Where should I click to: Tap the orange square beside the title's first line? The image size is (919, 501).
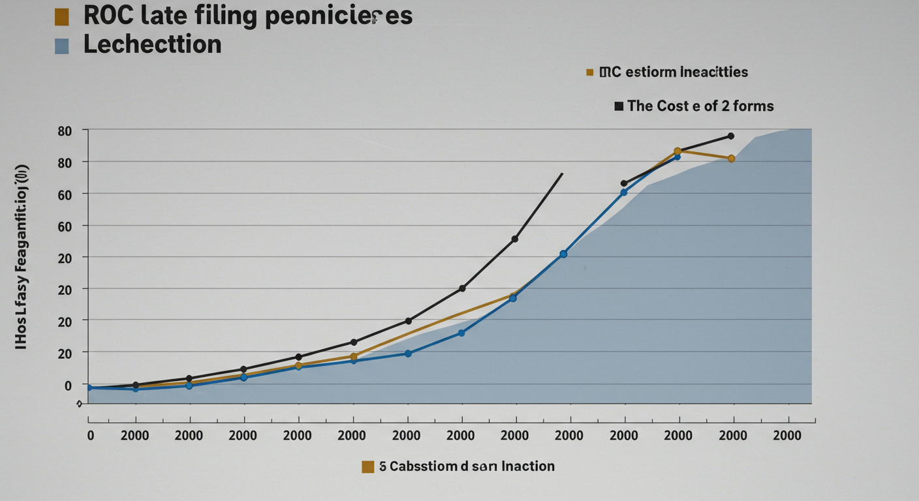tap(62, 18)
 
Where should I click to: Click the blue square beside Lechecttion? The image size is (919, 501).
tap(62, 46)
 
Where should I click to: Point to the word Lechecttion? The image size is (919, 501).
tap(153, 44)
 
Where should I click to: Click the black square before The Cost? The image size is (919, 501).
tap(619, 106)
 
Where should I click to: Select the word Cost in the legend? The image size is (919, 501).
tap(672, 106)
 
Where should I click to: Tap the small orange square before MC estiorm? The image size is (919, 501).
tap(590, 72)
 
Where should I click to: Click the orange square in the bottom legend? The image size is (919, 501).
tap(367, 466)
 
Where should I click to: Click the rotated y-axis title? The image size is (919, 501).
tap(22, 256)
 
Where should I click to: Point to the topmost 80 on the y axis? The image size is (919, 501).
tap(63, 130)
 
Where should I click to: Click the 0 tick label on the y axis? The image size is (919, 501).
tap(67, 385)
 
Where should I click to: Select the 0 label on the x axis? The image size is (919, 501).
tap(91, 436)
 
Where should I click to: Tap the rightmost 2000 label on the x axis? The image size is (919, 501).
tap(787, 436)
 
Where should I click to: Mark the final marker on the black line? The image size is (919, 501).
tap(731, 136)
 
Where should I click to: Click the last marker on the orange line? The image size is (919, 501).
tap(731, 159)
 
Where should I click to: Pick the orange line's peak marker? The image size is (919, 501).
tap(678, 151)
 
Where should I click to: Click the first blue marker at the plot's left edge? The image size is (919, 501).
tap(90, 387)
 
